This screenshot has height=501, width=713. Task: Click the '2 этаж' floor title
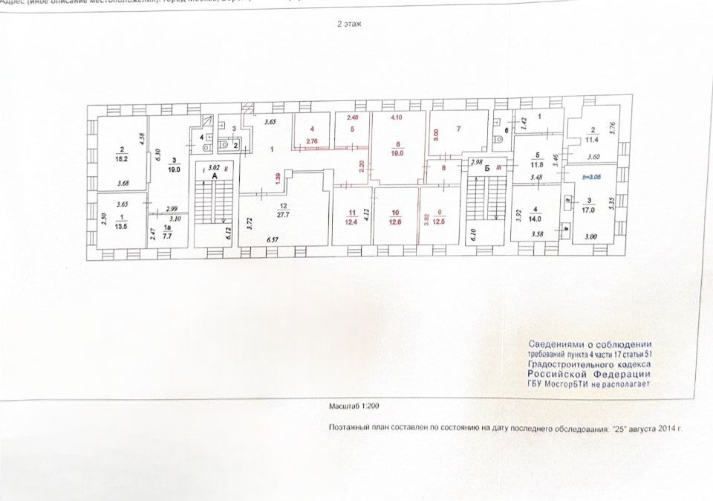coord(348,24)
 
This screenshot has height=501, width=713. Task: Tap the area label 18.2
coord(121,158)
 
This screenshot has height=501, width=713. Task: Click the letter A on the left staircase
coord(214,177)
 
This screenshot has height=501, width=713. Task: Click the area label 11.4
coord(592,138)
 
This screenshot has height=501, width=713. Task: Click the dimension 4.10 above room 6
coord(397,117)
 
